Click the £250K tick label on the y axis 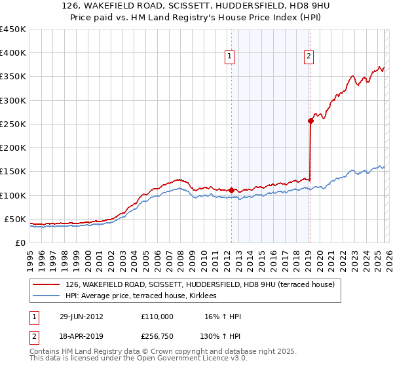pos(13,124)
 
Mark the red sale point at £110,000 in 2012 pos(231,190)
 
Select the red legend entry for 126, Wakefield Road pos(200,284)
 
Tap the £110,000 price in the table pos(157,317)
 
